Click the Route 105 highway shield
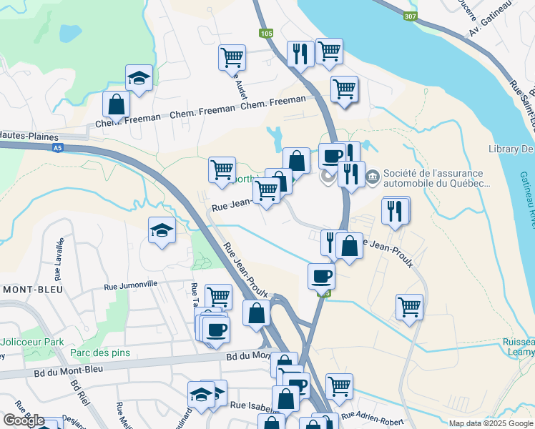(x=266, y=33)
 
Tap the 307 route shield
(x=411, y=17)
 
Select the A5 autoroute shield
(x=57, y=148)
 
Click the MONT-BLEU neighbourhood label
(x=31, y=290)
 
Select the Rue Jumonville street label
(x=130, y=285)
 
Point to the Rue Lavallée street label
(x=59, y=260)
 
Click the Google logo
(x=24, y=420)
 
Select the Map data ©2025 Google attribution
(x=490, y=423)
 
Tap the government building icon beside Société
(x=373, y=176)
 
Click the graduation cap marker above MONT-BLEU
(x=162, y=230)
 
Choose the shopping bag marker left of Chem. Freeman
(x=116, y=104)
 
